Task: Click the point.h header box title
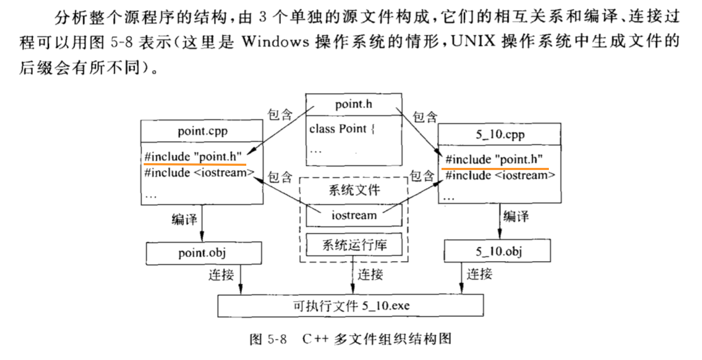354,104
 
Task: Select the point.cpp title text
203,131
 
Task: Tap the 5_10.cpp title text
500,134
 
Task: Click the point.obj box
204,253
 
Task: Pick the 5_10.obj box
497,251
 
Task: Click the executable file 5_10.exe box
350,305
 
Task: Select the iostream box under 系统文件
354,216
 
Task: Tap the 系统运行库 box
354,244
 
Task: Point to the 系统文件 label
355,190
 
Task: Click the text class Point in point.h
338,129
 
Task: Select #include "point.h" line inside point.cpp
193,156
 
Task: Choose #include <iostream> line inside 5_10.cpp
500,175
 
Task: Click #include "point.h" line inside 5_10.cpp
494,159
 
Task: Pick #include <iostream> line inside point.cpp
199,173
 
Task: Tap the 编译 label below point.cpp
184,219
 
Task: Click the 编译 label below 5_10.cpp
516,216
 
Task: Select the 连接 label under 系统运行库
370,274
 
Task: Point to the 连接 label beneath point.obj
221,275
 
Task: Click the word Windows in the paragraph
275,42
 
